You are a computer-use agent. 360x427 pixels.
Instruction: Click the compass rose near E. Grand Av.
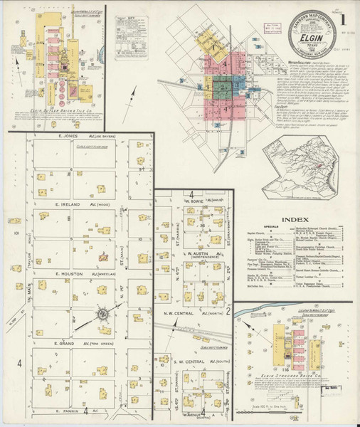[102, 312]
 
